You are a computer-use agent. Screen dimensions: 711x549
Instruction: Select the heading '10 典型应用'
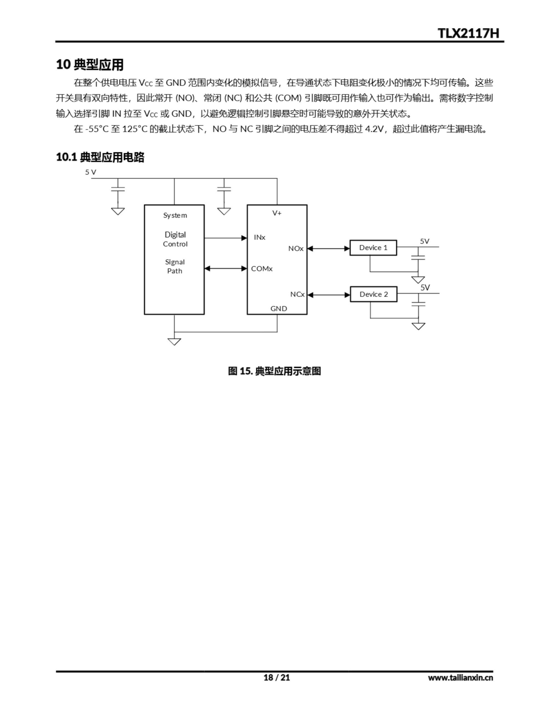point(90,64)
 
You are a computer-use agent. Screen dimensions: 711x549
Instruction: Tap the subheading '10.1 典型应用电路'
point(100,157)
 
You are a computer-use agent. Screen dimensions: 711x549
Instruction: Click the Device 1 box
point(373,248)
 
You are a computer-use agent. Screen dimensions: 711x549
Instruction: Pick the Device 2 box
point(373,294)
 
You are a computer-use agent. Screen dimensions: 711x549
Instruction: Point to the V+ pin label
point(277,213)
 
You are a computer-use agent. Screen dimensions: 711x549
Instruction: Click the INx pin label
point(259,237)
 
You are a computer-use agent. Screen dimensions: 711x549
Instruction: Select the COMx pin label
point(262,269)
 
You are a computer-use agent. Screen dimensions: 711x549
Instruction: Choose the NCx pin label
point(297,294)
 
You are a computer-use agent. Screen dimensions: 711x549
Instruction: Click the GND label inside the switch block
point(279,309)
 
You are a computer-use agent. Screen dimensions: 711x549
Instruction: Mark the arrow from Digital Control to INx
point(225,238)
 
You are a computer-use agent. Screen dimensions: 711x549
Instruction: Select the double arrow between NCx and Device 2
point(328,295)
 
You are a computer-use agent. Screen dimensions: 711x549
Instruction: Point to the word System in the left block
point(175,215)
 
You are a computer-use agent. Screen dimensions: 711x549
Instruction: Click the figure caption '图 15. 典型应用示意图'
point(274,371)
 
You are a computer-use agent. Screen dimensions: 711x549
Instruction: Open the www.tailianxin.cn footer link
point(460,678)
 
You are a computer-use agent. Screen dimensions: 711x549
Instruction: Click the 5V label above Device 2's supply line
point(425,287)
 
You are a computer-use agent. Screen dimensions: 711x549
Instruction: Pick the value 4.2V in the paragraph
point(374,129)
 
